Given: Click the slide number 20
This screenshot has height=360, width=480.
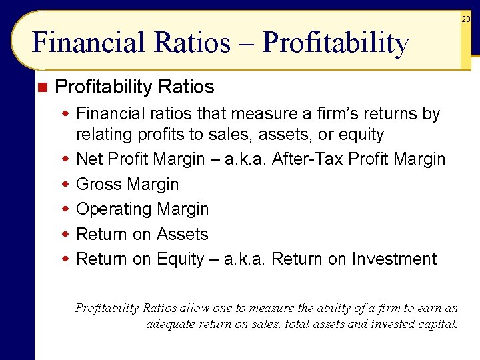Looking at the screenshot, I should [x=466, y=19].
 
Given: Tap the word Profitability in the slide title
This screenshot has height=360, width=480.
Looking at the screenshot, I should [x=335, y=44].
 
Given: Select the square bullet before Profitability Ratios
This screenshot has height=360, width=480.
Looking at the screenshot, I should [x=43, y=87].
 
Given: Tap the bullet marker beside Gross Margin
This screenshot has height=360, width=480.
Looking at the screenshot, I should [x=66, y=184].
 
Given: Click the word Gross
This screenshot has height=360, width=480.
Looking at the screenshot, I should [x=99, y=184].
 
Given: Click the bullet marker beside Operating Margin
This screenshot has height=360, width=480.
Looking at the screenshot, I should [x=66, y=209].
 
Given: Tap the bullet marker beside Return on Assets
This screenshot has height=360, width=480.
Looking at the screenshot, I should [x=66, y=234].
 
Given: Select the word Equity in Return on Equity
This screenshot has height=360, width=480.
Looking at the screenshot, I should [x=180, y=259].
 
